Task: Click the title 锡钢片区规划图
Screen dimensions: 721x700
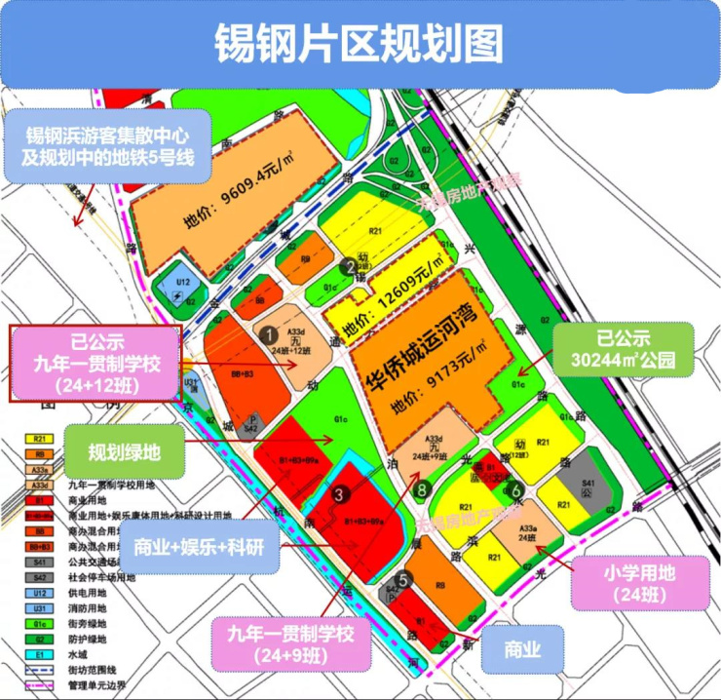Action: pos(360,44)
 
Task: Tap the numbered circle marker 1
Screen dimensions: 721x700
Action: pos(267,333)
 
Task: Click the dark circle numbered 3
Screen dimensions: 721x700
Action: pos(339,494)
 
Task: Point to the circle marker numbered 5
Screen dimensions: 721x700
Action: pos(403,578)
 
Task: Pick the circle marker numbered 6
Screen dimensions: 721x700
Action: pos(517,492)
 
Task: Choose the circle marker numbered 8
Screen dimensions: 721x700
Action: pos(421,489)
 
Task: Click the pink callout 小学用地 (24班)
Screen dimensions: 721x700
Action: pos(637,582)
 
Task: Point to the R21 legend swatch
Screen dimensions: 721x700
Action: pos(40,440)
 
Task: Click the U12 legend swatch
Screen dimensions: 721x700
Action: pos(40,593)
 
